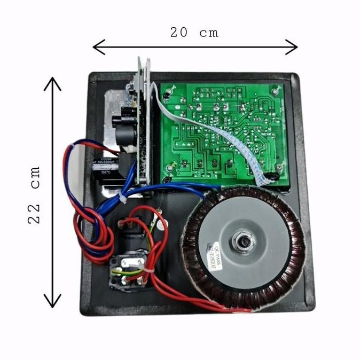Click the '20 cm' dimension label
[194, 32]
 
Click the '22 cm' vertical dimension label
[35, 195]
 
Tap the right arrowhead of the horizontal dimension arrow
[293, 47]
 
